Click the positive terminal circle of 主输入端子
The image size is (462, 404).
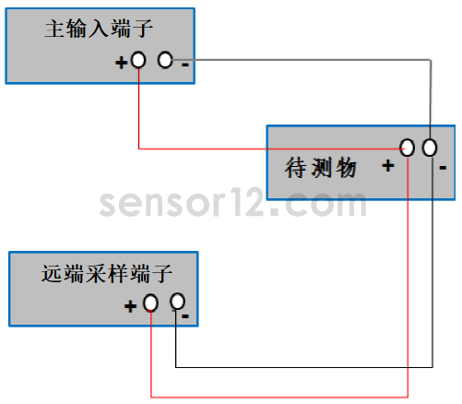pyautogui.click(x=138, y=60)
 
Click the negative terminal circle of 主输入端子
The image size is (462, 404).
pyautogui.click(x=165, y=60)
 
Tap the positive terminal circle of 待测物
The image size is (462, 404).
pyautogui.click(x=408, y=148)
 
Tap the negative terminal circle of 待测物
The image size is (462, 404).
pyautogui.click(x=430, y=148)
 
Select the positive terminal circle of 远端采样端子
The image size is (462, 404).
pyautogui.click(x=150, y=303)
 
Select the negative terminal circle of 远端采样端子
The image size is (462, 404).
pyautogui.click(x=177, y=302)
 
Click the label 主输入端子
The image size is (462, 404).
pyautogui.click(x=99, y=29)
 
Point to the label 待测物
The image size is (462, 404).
pyautogui.click(x=321, y=168)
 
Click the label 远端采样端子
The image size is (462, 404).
pyautogui.click(x=107, y=273)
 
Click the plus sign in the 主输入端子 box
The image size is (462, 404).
pyautogui.click(x=121, y=63)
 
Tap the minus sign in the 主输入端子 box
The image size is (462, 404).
pyautogui.click(x=185, y=65)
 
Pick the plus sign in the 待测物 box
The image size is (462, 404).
pyautogui.click(x=388, y=166)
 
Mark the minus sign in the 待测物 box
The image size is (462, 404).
pyautogui.click(x=443, y=168)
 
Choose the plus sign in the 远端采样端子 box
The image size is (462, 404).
pyautogui.click(x=130, y=306)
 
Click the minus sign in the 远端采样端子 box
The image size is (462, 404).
pyautogui.click(x=185, y=316)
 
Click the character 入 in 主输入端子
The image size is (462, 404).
pyautogui.click(x=99, y=29)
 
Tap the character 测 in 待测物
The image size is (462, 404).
pyautogui.click(x=321, y=168)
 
